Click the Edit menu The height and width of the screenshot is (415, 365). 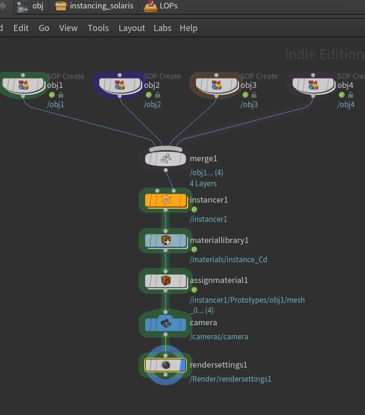tap(21, 28)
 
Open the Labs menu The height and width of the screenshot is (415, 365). tap(163, 28)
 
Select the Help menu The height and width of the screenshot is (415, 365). tap(188, 28)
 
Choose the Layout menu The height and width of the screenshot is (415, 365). tap(132, 28)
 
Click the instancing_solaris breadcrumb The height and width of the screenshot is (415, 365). tap(101, 7)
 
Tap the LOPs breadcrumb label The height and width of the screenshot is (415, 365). tap(169, 7)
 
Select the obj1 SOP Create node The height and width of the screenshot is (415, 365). tap(23, 85)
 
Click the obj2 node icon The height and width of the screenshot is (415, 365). tap(120, 85)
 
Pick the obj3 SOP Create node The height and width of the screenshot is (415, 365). tap(217, 85)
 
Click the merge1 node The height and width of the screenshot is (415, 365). tap(165, 159)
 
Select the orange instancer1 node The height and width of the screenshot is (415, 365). tap(165, 200)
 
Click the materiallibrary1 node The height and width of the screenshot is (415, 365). tap(165, 241)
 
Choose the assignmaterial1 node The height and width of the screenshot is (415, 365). tap(165, 281)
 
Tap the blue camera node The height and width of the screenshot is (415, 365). tap(165, 323)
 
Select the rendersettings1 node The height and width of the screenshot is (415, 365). tap(165, 365)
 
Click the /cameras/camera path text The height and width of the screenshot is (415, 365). tap(219, 337)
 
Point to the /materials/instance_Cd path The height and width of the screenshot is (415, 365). tap(228, 259)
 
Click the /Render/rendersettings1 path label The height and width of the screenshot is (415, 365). tap(230, 379)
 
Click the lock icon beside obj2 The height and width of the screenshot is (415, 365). tap(157, 95)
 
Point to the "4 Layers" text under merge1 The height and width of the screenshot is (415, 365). tap(203, 183)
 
